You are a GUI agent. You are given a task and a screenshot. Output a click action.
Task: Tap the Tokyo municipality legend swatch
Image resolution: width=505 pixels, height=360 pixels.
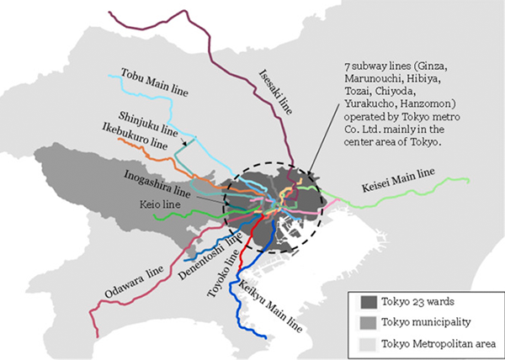[366, 323]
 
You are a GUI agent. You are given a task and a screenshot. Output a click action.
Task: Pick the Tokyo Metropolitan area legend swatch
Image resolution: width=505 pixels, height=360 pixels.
[366, 343]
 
